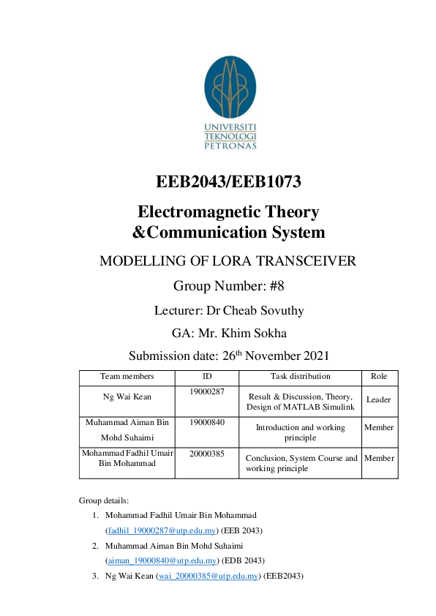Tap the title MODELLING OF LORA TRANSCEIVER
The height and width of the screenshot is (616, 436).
pyautogui.click(x=228, y=260)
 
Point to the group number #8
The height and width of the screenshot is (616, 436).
pyautogui.click(x=274, y=285)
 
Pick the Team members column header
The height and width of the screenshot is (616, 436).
pyautogui.click(x=127, y=377)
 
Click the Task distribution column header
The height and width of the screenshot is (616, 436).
pyautogui.click(x=300, y=377)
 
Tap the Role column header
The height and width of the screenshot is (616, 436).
pyautogui.click(x=379, y=377)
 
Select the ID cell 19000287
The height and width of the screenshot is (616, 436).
pyautogui.click(x=206, y=392)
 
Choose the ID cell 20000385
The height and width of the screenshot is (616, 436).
pyautogui.click(x=206, y=454)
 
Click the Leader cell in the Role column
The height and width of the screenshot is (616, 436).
pyautogui.click(x=379, y=400)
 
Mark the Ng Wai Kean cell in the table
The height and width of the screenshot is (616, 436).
pyautogui.click(x=127, y=396)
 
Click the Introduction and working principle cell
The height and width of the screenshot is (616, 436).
pyautogui.click(x=300, y=432)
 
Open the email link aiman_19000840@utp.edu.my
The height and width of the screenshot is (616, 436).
pyautogui.click(x=162, y=560)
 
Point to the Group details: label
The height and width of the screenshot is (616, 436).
pyautogui.click(x=103, y=500)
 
